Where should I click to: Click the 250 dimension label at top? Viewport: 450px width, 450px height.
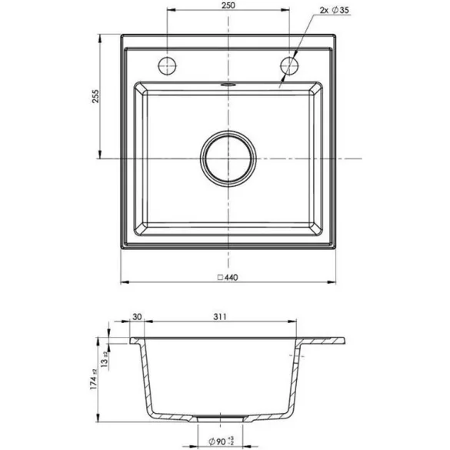pos(228,5)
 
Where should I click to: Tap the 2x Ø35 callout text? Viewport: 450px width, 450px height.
pos(334,10)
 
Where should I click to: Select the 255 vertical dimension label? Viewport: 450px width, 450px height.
pos(95,96)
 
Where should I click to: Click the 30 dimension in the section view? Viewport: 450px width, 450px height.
pos(137,317)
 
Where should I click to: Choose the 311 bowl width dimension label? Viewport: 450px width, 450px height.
pos(220,317)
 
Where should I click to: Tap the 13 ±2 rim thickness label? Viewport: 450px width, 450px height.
pos(105,359)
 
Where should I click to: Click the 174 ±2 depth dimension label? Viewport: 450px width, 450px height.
pos(94,379)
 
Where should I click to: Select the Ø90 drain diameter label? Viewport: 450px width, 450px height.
pos(221,441)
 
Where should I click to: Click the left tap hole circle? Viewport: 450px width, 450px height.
pos(167,65)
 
